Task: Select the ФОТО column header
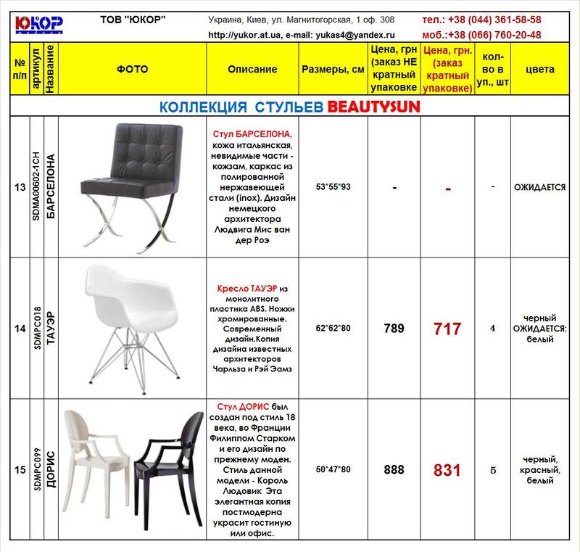pyautogui.click(x=132, y=70)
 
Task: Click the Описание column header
pyautogui.click(x=252, y=70)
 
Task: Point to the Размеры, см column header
pyautogui.click(x=333, y=70)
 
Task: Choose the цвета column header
pyautogui.click(x=539, y=70)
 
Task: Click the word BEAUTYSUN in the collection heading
pyautogui.click(x=373, y=107)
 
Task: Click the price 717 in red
pyautogui.click(x=447, y=329)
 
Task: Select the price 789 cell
pyautogui.click(x=394, y=329)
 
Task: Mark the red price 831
pyautogui.click(x=447, y=469)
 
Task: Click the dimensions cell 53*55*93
pyautogui.click(x=333, y=187)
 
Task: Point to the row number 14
pyautogui.click(x=20, y=329)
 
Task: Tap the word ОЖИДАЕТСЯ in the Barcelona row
pyautogui.click(x=539, y=187)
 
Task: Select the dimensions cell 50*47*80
pyautogui.click(x=333, y=469)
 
